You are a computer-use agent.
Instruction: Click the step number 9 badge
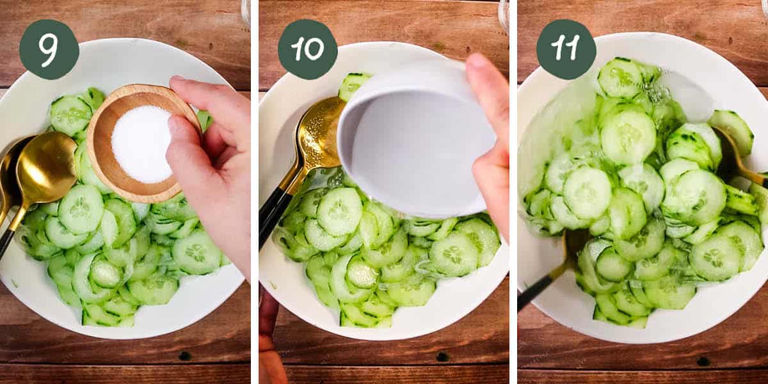tap(49, 49)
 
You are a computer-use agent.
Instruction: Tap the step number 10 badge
tap(307, 49)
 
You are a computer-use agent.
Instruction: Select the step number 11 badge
tap(566, 49)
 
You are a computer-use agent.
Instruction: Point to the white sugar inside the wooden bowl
tap(142, 143)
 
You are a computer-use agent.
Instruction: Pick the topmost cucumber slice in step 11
tap(620, 77)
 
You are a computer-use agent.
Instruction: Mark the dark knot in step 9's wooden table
tap(184, 355)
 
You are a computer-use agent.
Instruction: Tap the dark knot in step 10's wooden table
tap(442, 356)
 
